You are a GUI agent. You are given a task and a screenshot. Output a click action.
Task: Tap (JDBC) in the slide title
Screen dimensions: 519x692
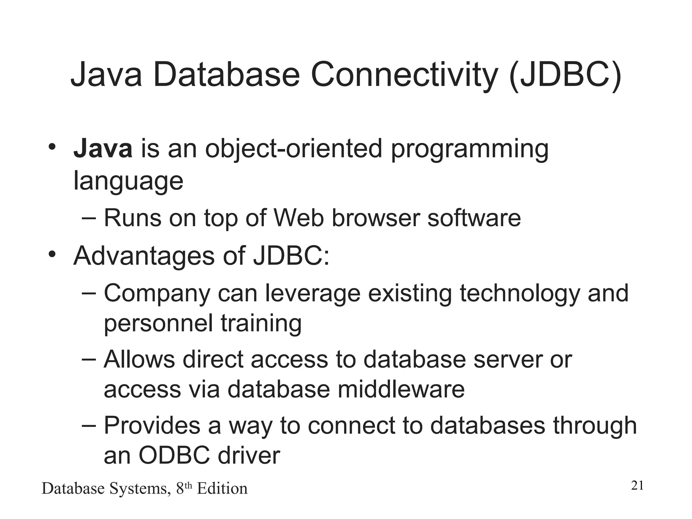[x=565, y=75]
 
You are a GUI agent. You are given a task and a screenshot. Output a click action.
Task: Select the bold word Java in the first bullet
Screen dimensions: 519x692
[x=103, y=149]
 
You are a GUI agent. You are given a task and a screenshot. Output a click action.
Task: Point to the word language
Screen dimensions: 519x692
[x=128, y=182]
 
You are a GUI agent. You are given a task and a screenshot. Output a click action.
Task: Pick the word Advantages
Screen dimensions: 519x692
[x=144, y=256]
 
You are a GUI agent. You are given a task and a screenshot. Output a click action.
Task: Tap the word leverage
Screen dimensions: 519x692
[x=313, y=294]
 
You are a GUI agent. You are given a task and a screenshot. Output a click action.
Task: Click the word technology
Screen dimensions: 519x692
[x=519, y=294]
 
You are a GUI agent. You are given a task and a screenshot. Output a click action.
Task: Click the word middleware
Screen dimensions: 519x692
[x=401, y=389]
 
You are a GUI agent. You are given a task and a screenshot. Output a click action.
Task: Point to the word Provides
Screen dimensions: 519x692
[x=152, y=425]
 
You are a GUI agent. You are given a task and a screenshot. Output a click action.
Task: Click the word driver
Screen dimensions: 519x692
[x=249, y=455]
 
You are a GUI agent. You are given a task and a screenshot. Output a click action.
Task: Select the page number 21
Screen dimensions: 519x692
[x=637, y=486]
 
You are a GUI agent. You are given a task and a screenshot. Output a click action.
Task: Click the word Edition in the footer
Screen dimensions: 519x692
[x=222, y=489]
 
